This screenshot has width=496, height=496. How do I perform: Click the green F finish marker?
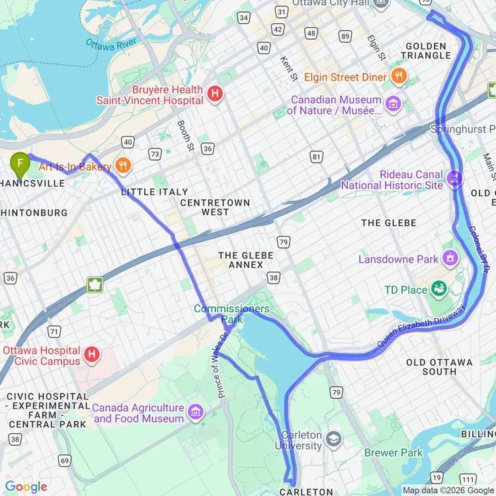tap(21, 163)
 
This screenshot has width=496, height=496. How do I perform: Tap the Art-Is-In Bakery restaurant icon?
tap(122, 165)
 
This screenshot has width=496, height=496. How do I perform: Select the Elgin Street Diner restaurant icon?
tap(398, 76)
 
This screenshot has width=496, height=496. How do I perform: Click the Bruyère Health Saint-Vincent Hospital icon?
tap(215, 95)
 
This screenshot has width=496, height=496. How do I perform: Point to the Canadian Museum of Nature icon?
tap(393, 104)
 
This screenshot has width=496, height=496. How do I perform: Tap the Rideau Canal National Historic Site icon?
tap(454, 177)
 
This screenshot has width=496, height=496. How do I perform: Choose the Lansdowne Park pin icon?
tap(450, 257)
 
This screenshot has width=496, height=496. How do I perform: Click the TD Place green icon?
tap(438, 288)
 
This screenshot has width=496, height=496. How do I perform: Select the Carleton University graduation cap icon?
tap(334, 439)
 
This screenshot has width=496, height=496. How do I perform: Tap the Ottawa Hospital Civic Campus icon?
tap(92, 355)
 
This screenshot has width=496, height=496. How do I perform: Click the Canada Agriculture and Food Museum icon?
tap(195, 413)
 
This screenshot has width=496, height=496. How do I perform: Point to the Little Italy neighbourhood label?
tap(155, 192)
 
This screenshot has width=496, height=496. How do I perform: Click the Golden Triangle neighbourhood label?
tap(427, 51)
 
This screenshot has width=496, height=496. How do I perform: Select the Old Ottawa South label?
tap(439, 367)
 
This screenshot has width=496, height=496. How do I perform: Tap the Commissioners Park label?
tap(231, 314)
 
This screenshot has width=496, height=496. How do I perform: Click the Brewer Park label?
tap(393, 453)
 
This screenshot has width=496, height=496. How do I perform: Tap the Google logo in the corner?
tap(26, 487)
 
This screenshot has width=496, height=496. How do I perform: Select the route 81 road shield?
tap(317, 157)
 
